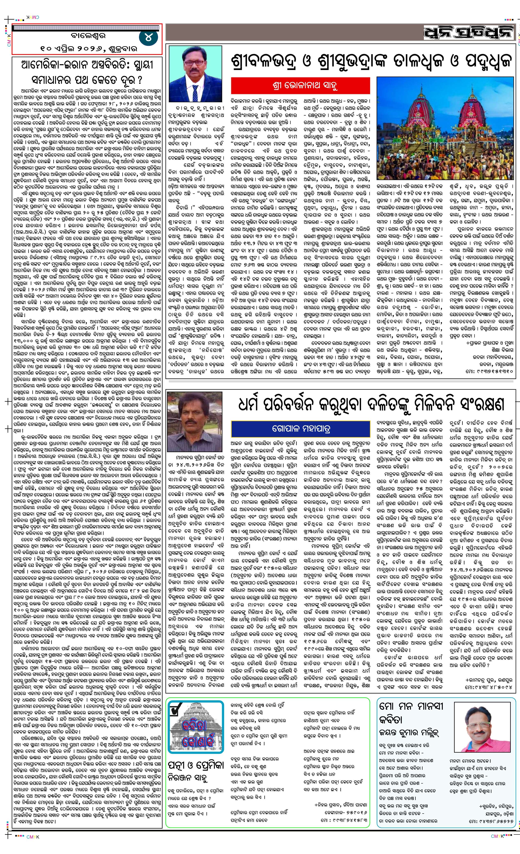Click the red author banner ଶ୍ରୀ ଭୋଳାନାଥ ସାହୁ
[300, 85]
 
